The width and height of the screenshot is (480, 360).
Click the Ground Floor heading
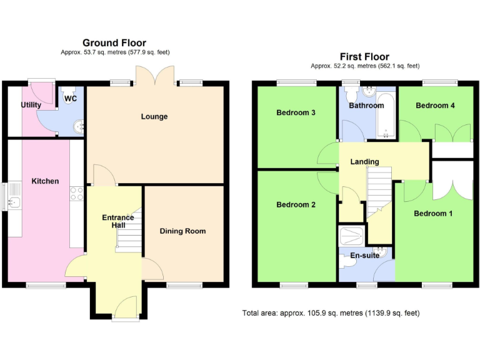click(114, 43)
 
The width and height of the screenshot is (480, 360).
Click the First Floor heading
click(364, 56)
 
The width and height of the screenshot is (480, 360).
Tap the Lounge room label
click(154, 116)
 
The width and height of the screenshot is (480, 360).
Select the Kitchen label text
click(46, 181)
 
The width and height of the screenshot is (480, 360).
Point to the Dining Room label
click(182, 231)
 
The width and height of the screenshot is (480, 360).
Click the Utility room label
click(31, 105)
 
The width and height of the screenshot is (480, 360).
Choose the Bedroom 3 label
click(296, 113)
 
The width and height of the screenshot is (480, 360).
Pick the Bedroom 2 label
click(296, 204)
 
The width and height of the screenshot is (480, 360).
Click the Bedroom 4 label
click(435, 106)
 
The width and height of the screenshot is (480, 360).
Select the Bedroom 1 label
click(434, 214)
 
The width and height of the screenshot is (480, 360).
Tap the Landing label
click(364, 162)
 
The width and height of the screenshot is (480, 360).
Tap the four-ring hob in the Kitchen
click(77, 194)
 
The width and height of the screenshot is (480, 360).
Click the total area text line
click(331, 312)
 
